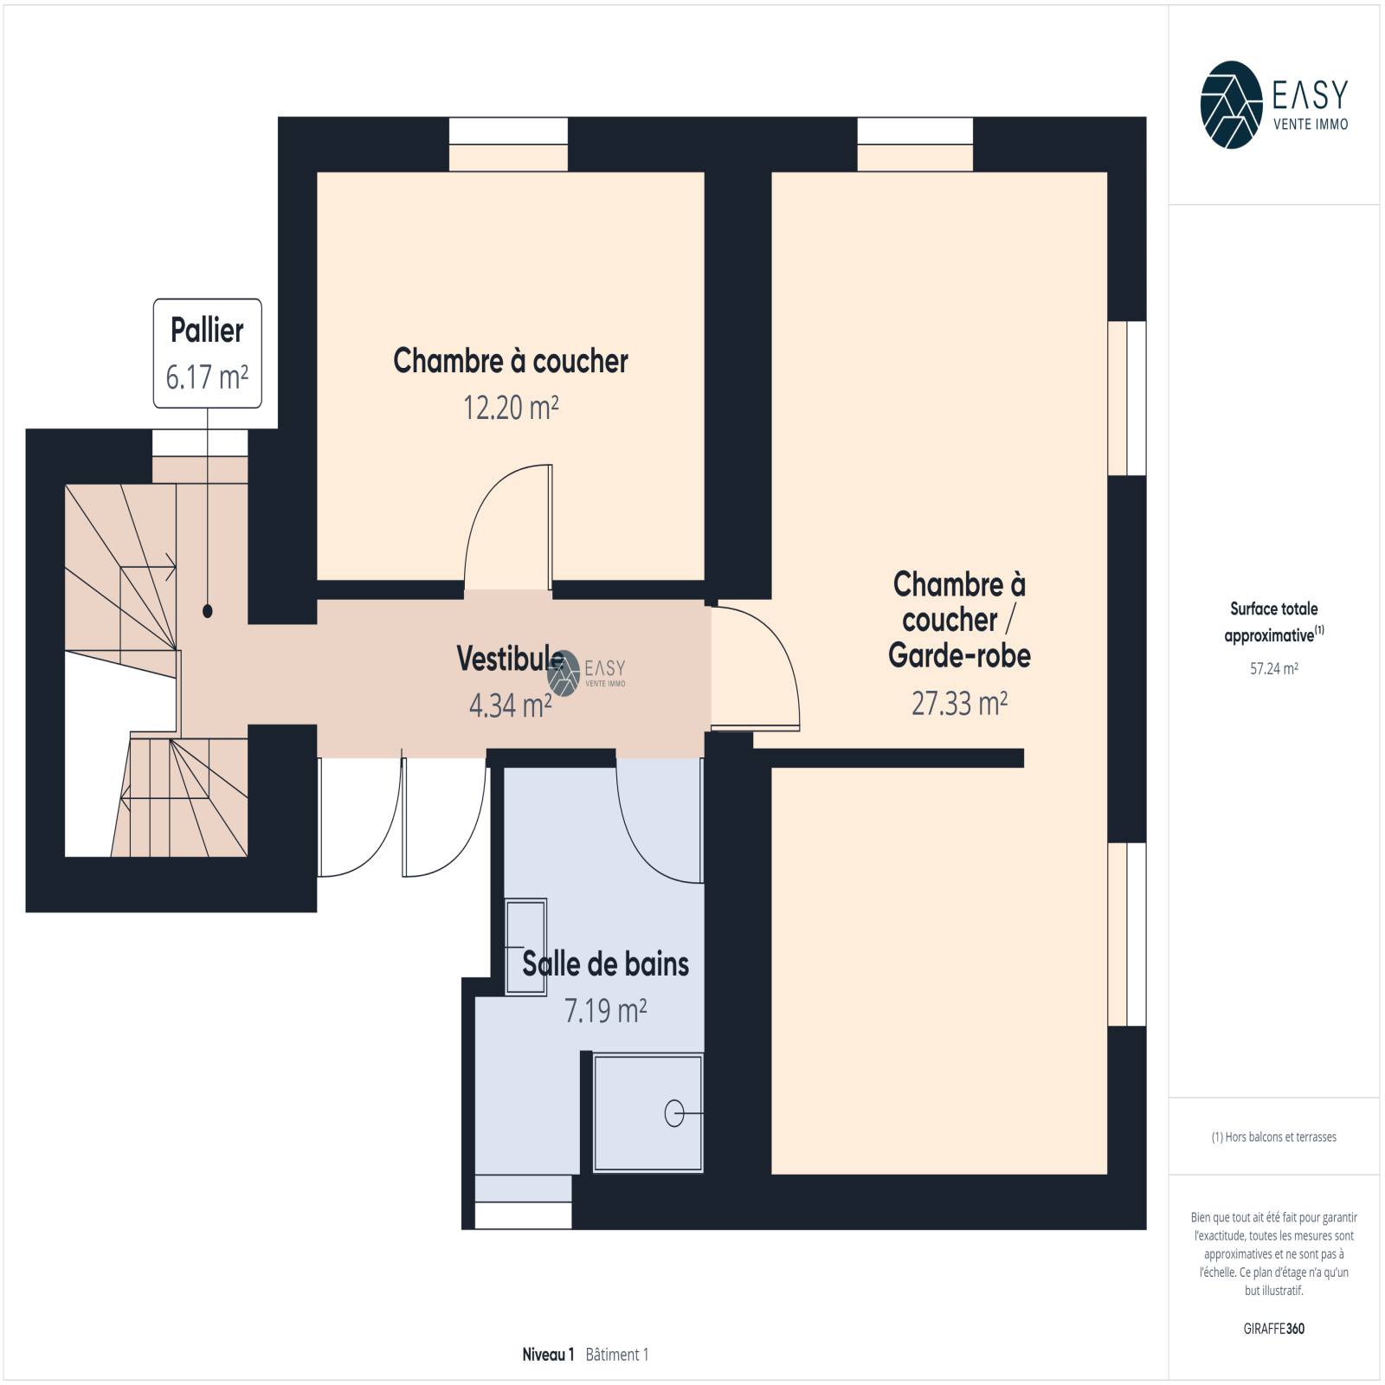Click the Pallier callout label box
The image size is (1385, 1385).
click(208, 353)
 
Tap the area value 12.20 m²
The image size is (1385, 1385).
click(511, 408)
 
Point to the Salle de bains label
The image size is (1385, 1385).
click(605, 963)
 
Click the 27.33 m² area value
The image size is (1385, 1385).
click(959, 703)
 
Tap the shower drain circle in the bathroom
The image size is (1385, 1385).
click(674, 1113)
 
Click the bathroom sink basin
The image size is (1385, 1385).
click(525, 946)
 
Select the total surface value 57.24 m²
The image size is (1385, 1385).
click(1273, 668)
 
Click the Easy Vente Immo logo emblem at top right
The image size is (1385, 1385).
click(1231, 105)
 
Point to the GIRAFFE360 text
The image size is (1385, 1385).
click(1273, 1329)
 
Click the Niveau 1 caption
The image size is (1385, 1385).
click(548, 1355)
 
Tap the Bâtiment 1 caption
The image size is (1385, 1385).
click(617, 1355)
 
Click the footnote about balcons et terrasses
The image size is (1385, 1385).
click(1273, 1137)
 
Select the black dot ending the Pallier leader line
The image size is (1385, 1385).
click(208, 611)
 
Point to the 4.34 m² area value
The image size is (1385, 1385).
click(511, 705)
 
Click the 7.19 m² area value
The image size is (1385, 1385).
click(605, 1010)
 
